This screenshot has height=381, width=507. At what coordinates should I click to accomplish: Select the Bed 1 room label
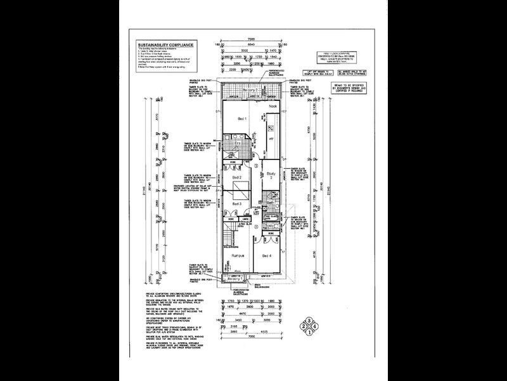[241, 119]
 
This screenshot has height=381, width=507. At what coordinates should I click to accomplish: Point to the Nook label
[273, 106]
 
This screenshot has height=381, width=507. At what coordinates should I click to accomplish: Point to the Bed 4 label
[266, 255]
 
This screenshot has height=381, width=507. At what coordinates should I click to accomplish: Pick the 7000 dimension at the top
[252, 39]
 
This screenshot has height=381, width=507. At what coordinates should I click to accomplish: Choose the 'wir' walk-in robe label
[271, 137]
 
